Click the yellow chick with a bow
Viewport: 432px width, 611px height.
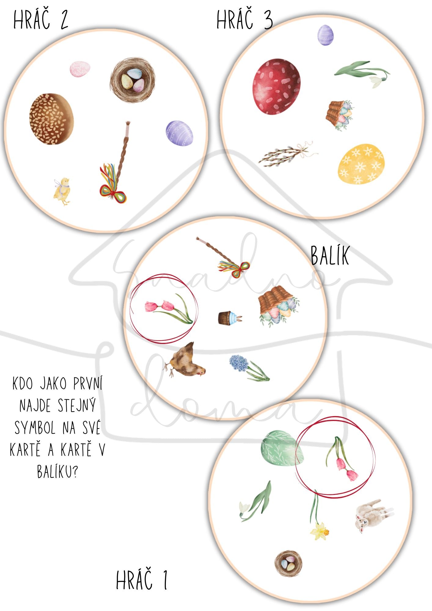pyautogui.click(x=62, y=191)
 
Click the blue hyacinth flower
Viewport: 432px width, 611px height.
pyautogui.click(x=249, y=368)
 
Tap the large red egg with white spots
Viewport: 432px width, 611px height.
pyautogui.click(x=276, y=87)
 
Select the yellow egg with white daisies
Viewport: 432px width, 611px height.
pyautogui.click(x=361, y=164)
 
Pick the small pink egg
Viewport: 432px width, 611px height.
pyautogui.click(x=80, y=69)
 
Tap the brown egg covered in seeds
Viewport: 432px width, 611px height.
pyautogui.click(x=51, y=119)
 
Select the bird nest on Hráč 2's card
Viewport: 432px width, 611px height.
pyautogui.click(x=133, y=80)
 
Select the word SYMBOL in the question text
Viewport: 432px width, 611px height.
pyautogui.click(x=35, y=428)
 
